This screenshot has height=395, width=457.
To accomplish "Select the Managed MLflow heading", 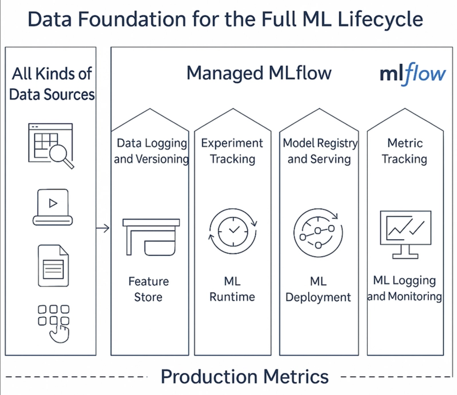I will (x=259, y=73).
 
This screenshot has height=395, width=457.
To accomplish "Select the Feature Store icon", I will (x=151, y=237).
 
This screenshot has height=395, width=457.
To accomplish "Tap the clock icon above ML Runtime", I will (x=233, y=230).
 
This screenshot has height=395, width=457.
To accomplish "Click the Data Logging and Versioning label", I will (x=151, y=151).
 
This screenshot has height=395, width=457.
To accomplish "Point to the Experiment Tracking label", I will (x=232, y=151).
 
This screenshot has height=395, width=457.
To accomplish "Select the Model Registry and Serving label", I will (x=319, y=151).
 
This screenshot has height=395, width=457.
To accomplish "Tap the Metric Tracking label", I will (x=404, y=151).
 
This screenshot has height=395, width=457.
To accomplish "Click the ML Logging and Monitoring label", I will (x=404, y=288).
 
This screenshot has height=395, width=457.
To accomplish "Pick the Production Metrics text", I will (x=244, y=377).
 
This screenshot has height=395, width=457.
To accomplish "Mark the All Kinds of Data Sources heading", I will (x=52, y=84).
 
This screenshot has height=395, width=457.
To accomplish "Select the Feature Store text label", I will (x=149, y=289).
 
